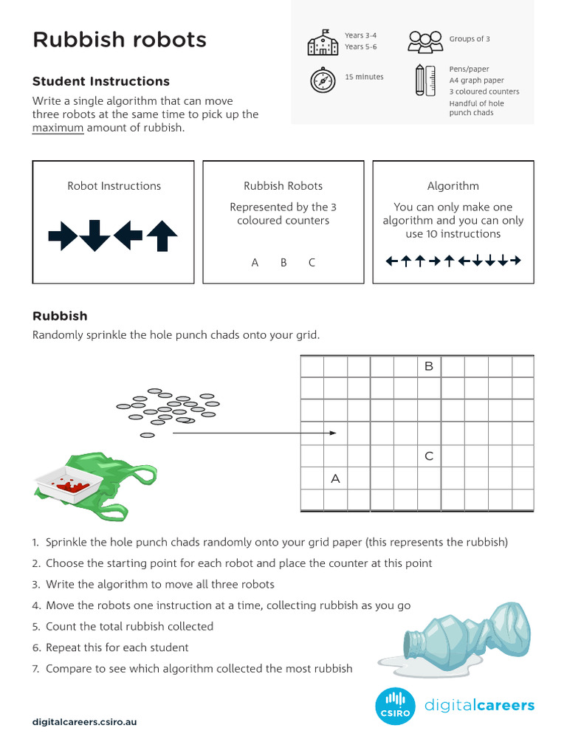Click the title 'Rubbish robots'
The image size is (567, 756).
point(120,40)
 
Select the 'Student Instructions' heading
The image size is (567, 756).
point(101,81)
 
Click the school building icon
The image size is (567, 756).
point(322,43)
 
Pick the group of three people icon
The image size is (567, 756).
point(425,42)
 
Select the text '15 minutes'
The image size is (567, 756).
point(364,77)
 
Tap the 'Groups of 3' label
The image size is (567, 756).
point(470,39)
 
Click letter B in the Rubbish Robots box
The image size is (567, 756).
point(283,262)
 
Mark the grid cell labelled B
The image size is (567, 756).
point(428,366)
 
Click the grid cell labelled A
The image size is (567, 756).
point(335,478)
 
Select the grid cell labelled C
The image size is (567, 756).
point(428,457)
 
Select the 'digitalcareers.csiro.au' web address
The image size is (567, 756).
point(84,721)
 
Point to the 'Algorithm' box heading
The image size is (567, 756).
point(453,186)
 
